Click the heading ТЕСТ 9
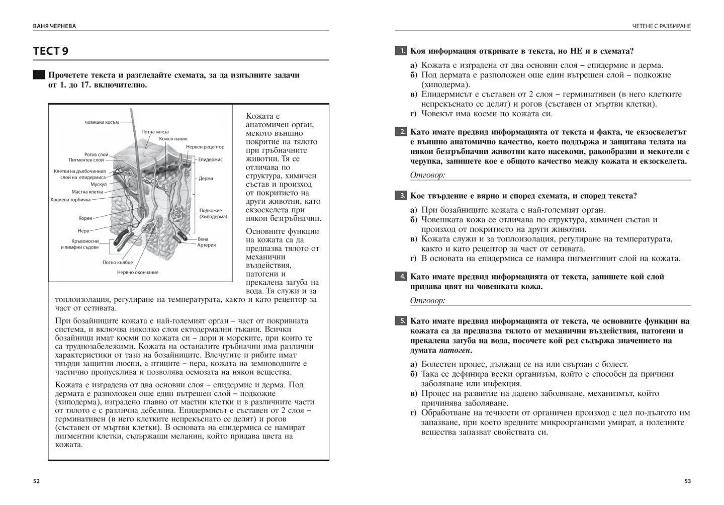(51, 51)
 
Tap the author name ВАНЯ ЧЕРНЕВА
(54, 26)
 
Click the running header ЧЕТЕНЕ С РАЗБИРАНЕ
(662, 26)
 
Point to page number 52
(36, 481)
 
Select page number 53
(688, 481)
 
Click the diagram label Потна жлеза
(155, 132)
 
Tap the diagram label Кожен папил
(173, 139)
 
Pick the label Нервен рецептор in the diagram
(205, 147)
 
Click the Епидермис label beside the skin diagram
(210, 160)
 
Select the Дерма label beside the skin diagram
(206, 179)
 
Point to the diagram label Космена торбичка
(70, 200)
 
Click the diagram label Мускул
(99, 184)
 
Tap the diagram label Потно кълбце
(118, 263)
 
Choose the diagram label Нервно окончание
(138, 273)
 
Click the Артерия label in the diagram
(207, 245)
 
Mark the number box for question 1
(401, 51)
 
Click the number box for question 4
(401, 277)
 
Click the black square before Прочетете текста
(39, 75)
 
